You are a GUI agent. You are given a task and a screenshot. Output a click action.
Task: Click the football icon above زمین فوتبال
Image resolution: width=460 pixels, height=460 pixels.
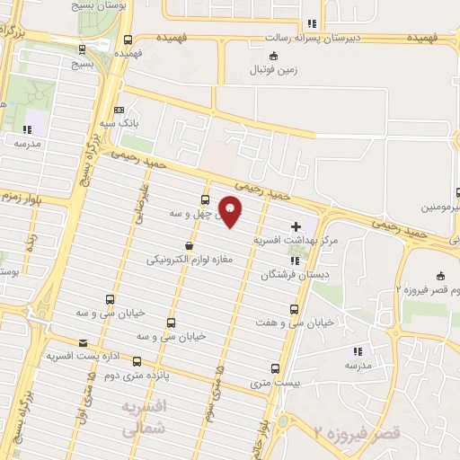pyautogui.click(x=261, y=56)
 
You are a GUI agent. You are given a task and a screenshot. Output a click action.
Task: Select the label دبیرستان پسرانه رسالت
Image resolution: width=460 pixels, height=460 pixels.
pyautogui.click(x=310, y=39)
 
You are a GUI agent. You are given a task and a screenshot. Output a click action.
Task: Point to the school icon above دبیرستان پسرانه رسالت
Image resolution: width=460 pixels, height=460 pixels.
pyautogui.click(x=311, y=24)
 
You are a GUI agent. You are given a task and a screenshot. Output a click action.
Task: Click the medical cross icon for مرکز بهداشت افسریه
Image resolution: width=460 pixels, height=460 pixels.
pyautogui.click(x=296, y=227)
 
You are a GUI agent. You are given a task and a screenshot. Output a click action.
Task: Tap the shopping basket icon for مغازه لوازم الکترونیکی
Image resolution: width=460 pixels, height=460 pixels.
pyautogui.click(x=188, y=246)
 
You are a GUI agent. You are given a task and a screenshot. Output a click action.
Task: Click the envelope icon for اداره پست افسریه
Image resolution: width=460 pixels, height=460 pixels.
pyautogui.click(x=84, y=343)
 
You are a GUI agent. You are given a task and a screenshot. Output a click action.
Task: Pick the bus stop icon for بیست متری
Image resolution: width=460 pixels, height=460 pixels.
pyautogui.click(x=275, y=367)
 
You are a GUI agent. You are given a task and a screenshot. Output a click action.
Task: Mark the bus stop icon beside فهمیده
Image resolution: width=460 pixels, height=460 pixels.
pyautogui.click(x=128, y=40)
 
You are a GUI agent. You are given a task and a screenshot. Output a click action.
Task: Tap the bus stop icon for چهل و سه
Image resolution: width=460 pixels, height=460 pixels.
pyautogui.click(x=206, y=200)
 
